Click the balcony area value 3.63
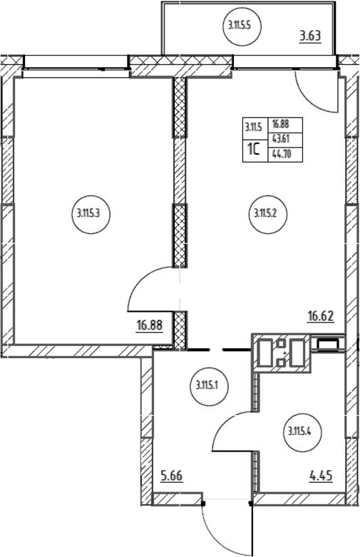pos(310,36)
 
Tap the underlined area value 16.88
pos(150,325)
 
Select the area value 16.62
pos(321,316)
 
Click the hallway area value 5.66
pos(172,476)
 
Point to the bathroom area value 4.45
pos(321,476)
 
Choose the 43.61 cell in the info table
pos(281,139)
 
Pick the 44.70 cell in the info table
pos(281,154)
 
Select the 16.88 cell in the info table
pos(281,124)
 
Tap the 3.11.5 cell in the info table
pos(253,127)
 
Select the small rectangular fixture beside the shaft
pos(328,344)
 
